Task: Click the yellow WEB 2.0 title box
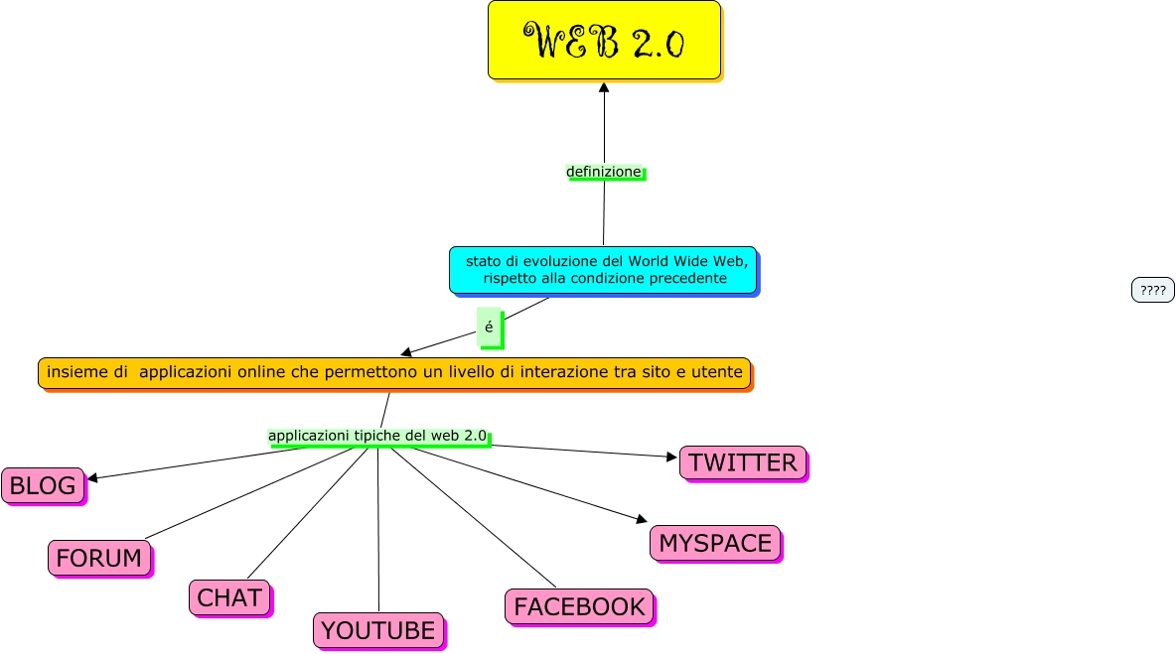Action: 604,40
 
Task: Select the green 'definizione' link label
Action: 604,172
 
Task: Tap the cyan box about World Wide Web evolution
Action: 603,269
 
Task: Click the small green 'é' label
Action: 489,327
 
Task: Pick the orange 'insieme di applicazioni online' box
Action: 394,372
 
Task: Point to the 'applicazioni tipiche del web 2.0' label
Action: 377,436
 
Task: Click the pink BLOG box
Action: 43,485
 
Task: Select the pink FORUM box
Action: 99,558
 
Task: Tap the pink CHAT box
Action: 229,597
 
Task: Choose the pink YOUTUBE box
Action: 378,630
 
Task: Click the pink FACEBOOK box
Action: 580,606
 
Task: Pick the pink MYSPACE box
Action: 715,543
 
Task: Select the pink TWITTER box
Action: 743,462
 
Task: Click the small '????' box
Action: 1152,290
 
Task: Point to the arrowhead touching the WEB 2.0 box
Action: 604,87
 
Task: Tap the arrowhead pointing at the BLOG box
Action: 92,478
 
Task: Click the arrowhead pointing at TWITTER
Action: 671,457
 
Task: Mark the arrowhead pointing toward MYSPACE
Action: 642,519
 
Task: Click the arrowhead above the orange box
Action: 406,352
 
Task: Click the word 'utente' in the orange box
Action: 718,372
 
